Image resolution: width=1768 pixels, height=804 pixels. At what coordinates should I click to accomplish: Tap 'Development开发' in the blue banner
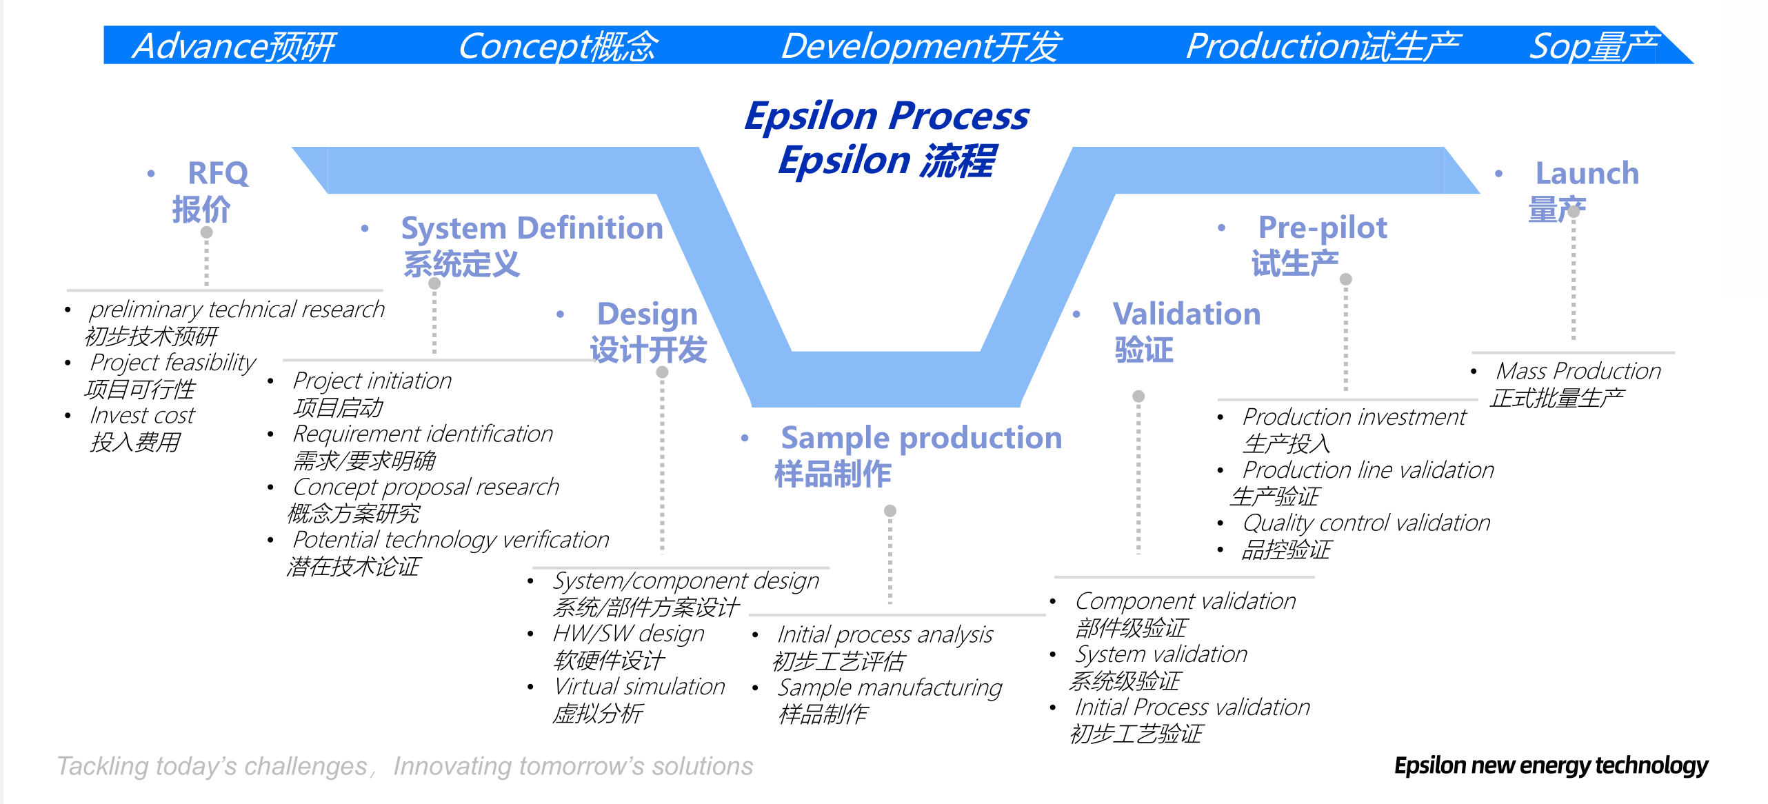click(x=921, y=46)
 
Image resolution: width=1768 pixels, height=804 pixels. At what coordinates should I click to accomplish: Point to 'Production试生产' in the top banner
click(x=1323, y=46)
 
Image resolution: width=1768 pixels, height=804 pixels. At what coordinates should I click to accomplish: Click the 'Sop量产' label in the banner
click(x=1593, y=46)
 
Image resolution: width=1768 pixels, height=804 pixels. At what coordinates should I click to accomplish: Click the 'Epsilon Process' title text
click(x=887, y=115)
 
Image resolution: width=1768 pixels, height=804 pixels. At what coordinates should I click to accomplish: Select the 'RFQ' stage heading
click(x=218, y=173)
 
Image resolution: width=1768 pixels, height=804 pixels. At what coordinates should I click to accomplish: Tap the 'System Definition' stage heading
click(x=532, y=228)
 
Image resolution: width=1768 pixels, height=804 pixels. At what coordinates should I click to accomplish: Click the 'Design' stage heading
click(x=647, y=314)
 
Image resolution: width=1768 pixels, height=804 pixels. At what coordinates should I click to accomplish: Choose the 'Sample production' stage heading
click(x=921, y=438)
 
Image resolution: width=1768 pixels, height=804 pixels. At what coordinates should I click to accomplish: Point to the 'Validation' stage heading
click(x=1186, y=314)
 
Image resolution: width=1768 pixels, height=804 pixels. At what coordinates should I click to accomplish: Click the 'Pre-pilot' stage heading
click(x=1323, y=228)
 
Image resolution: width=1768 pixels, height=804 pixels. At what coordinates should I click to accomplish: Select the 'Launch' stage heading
click(x=1587, y=173)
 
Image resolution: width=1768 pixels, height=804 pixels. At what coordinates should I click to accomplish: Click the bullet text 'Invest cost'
click(x=143, y=416)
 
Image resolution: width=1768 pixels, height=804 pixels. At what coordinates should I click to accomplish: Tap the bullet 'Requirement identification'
click(x=423, y=434)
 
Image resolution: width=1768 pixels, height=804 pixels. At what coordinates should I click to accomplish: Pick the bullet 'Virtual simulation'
click(x=639, y=687)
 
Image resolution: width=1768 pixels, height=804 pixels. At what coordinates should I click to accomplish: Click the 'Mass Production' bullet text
click(x=1578, y=372)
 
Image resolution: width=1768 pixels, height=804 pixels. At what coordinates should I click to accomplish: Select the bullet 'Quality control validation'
click(x=1366, y=523)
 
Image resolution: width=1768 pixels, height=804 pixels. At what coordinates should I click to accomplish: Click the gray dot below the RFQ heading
click(x=207, y=232)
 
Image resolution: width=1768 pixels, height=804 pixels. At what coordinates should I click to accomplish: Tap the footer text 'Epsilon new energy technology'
click(x=1551, y=765)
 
